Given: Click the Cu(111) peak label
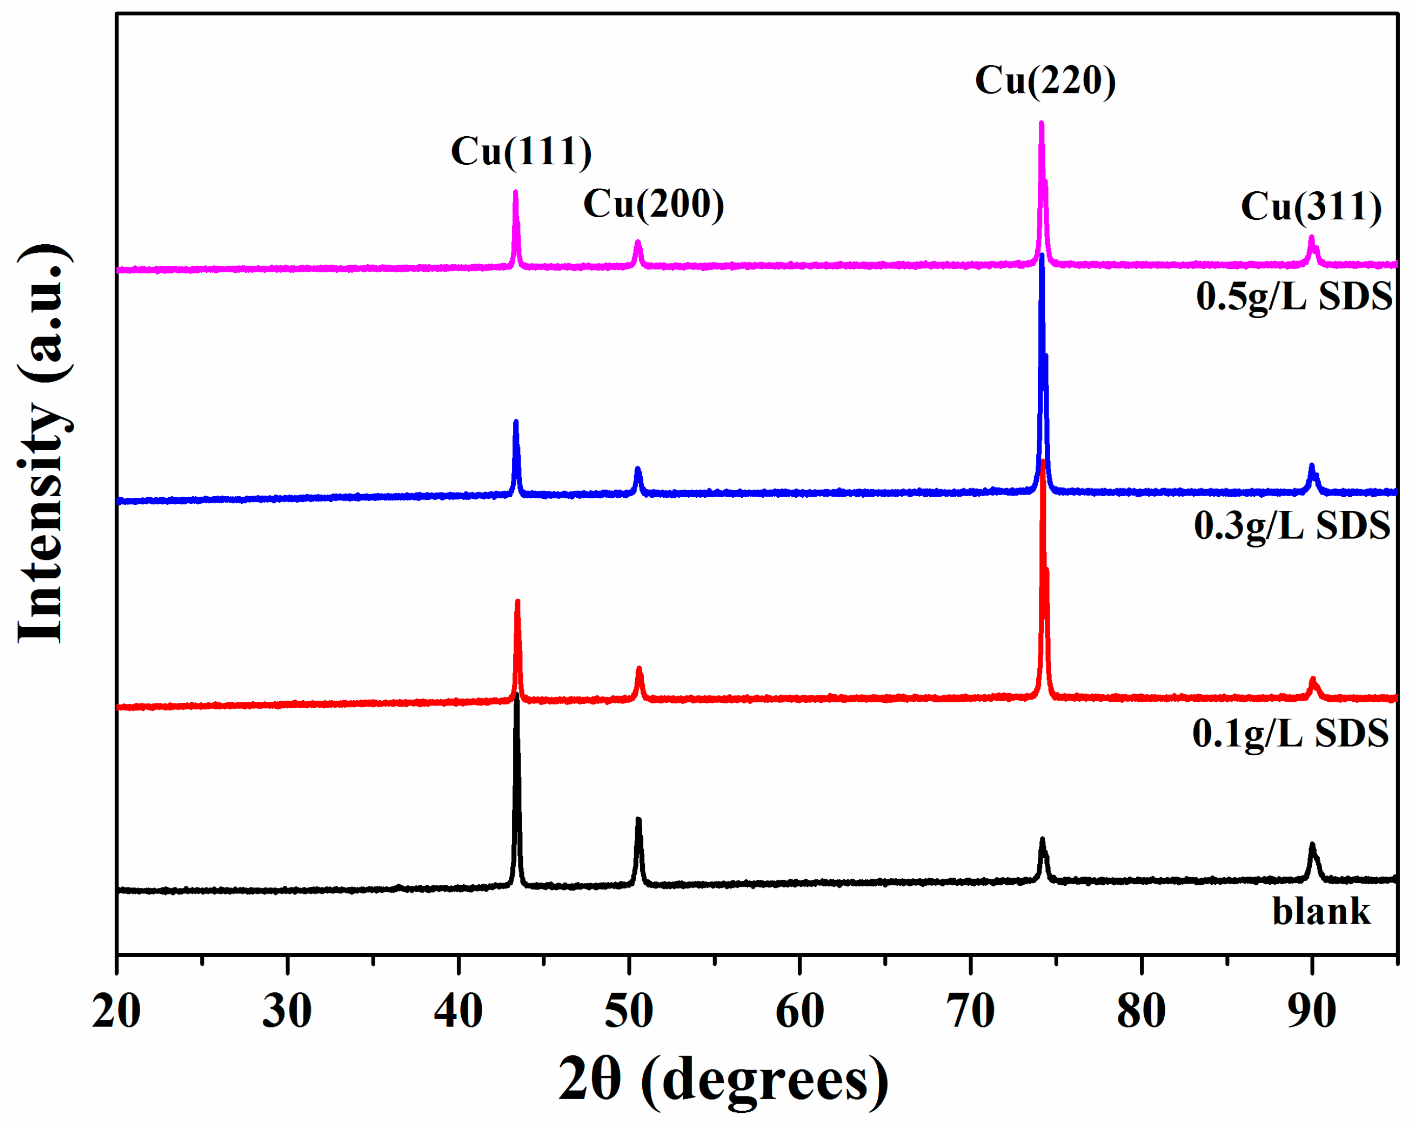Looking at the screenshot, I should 521,151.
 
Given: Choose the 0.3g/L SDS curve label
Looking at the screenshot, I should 1292,526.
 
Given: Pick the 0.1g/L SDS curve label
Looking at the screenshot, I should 1291,733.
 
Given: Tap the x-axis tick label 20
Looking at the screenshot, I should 116,1011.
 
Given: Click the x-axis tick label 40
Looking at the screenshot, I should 458,1011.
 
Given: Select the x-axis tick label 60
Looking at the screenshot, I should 800,1011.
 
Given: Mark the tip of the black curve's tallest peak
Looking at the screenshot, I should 517,696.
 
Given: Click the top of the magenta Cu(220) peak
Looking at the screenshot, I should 1041,123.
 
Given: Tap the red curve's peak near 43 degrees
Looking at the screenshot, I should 517,602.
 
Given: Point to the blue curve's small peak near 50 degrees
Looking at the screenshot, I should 638,469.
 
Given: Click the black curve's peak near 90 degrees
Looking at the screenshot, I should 1313,846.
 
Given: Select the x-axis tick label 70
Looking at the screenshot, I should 972,1011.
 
